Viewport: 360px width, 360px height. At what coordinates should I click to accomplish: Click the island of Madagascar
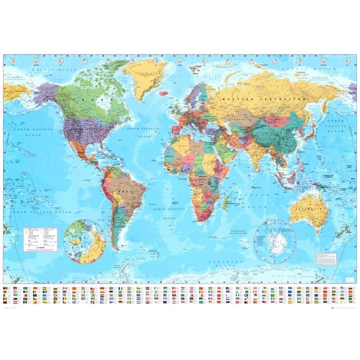(x=225, y=203)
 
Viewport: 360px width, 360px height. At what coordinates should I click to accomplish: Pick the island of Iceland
(x=163, y=92)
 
